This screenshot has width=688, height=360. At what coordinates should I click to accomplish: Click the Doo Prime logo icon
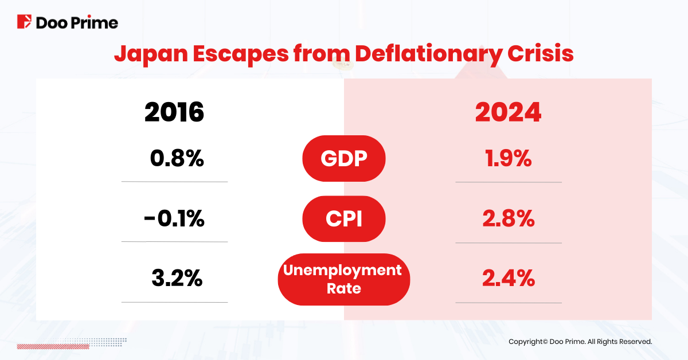[25, 22]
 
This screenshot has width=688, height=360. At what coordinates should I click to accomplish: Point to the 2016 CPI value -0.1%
[173, 219]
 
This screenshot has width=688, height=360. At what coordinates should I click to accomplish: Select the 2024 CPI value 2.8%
[509, 219]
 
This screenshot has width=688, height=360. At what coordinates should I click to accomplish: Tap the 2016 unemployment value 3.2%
[177, 279]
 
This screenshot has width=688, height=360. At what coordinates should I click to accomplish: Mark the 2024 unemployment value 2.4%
[509, 279]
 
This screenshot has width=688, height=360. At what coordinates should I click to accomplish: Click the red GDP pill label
[344, 158]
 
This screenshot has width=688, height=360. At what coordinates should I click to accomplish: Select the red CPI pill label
[344, 219]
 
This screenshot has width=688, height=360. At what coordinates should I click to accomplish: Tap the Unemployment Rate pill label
[344, 279]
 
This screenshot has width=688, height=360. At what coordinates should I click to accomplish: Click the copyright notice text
[580, 342]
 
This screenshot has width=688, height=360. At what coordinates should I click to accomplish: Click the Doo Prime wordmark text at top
[77, 23]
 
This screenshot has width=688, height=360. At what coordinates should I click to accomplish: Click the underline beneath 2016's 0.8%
[174, 182]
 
